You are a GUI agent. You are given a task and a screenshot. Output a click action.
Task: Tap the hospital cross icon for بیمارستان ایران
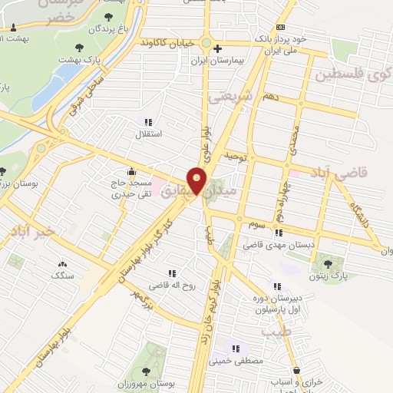point(218,47)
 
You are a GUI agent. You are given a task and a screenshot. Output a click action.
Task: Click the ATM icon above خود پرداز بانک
point(280,28)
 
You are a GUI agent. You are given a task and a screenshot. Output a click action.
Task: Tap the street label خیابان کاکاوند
point(163,42)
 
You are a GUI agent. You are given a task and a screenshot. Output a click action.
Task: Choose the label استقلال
point(148,134)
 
